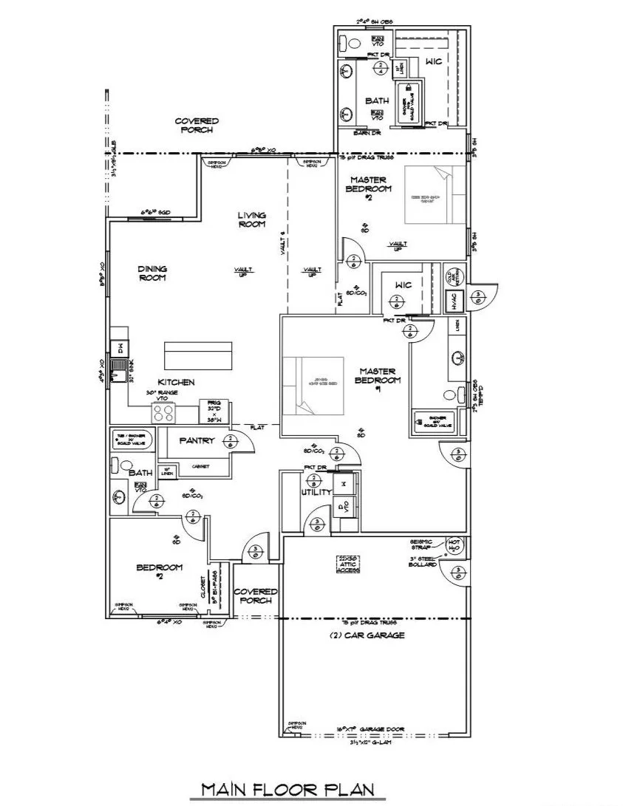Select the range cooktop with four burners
(x=163, y=412)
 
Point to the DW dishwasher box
(x=118, y=347)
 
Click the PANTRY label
(x=195, y=441)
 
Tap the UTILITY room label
(x=316, y=492)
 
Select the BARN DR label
(x=361, y=132)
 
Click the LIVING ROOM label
(x=251, y=220)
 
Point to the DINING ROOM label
(x=152, y=273)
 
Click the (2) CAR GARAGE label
(x=376, y=635)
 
